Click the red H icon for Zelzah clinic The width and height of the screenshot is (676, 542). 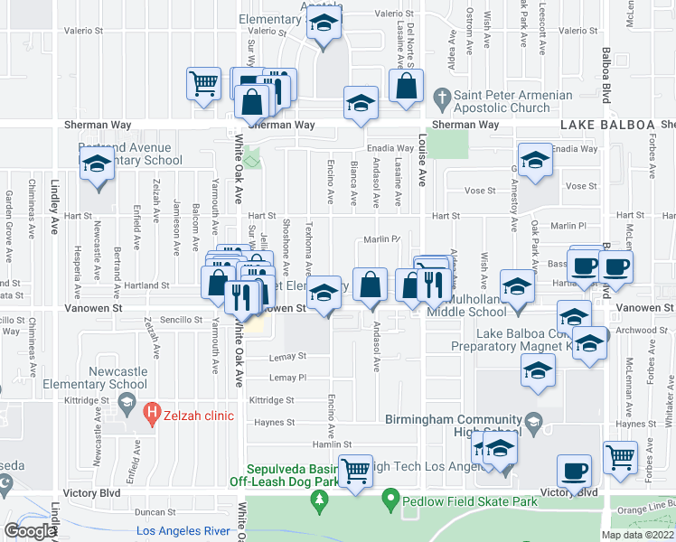click(x=154, y=416)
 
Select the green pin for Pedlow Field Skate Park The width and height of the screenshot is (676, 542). click(x=390, y=497)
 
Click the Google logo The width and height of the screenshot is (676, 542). click(x=29, y=531)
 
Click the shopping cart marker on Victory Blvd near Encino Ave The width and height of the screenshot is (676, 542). click(x=355, y=469)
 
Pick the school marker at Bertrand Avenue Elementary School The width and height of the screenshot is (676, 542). click(x=94, y=165)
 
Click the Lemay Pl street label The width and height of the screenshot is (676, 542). click(x=288, y=378)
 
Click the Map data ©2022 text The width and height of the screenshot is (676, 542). click(x=638, y=535)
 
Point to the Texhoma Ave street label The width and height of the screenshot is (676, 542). click(x=308, y=246)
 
